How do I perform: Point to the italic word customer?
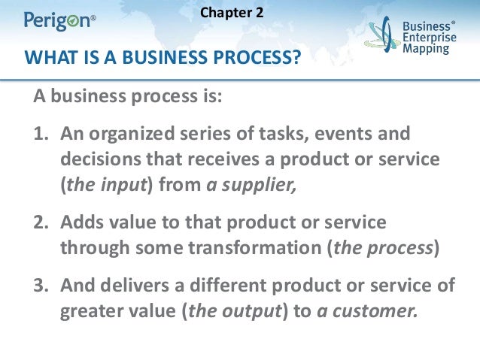373,310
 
